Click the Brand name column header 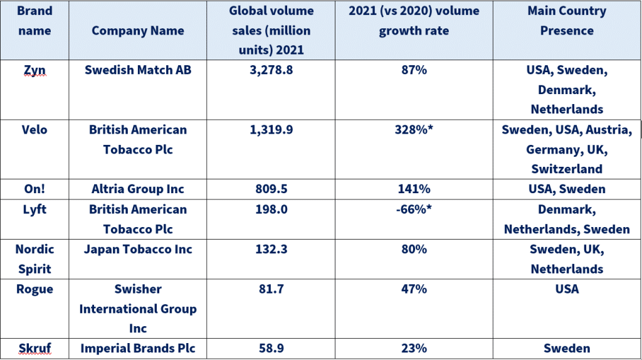(34, 21)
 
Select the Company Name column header (138, 31)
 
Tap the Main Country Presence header (567, 21)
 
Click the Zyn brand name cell (34, 70)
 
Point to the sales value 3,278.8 (271, 70)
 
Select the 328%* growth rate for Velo (414, 130)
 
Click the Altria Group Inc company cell (138, 189)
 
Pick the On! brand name (34, 189)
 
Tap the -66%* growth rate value (414, 209)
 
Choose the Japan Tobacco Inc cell (138, 249)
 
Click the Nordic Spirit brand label (34, 259)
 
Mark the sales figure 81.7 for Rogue (271, 289)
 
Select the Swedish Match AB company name (138, 70)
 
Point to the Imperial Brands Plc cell (138, 349)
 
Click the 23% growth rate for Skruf (414, 349)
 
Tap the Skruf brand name (34, 349)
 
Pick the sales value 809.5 (271, 189)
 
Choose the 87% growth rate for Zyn (414, 70)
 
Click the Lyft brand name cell (34, 209)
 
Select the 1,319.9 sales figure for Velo (271, 130)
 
